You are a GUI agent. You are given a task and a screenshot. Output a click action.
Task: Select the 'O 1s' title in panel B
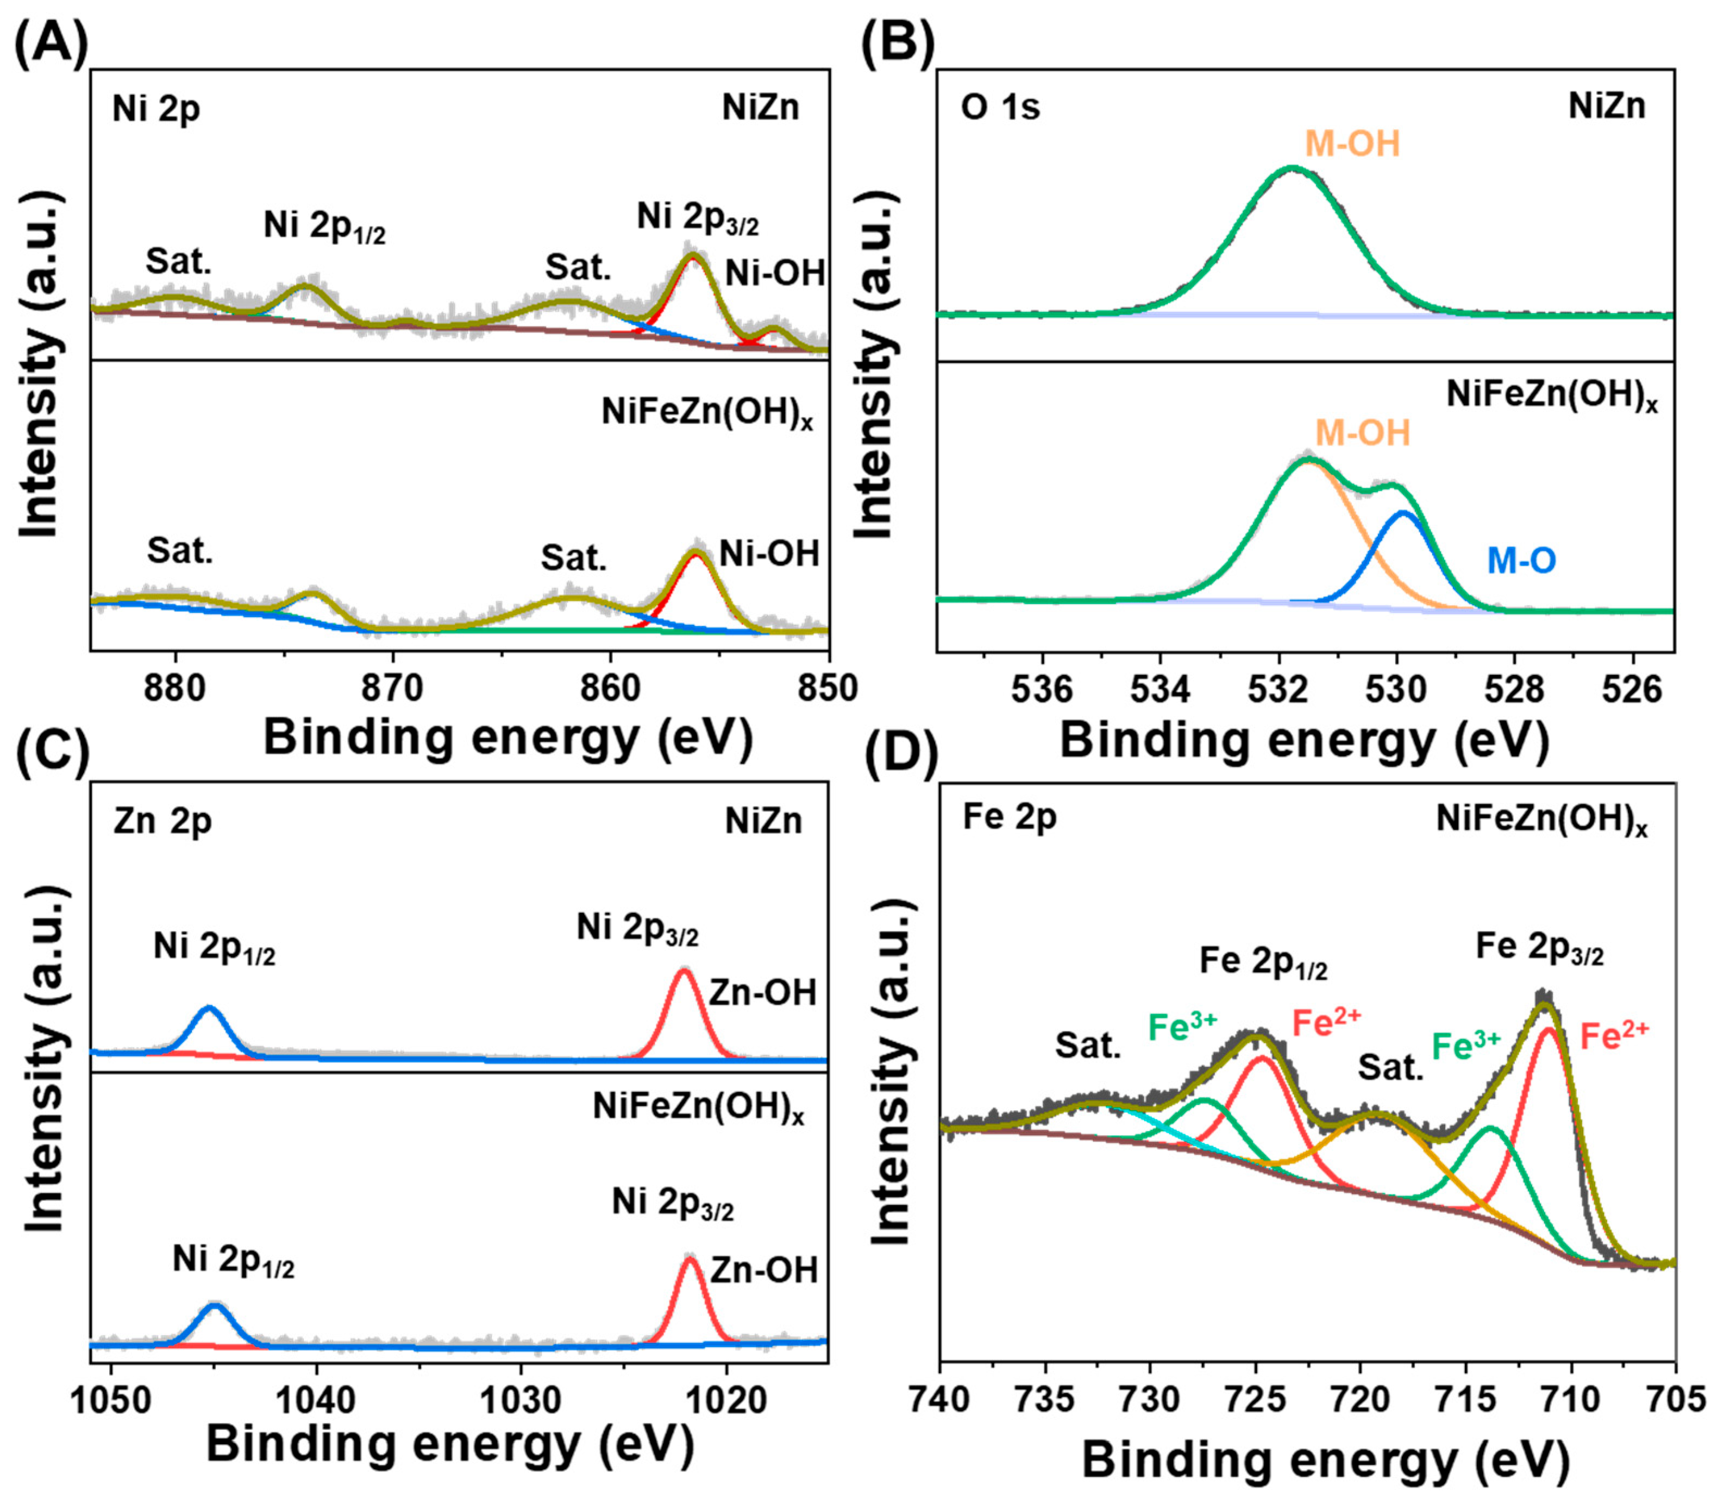coord(1000,108)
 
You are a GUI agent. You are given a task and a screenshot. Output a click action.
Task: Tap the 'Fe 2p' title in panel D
coord(1010,816)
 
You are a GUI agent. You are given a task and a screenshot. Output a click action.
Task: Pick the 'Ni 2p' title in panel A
coord(156,109)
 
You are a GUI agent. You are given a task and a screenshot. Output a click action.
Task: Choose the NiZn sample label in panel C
coord(763,821)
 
